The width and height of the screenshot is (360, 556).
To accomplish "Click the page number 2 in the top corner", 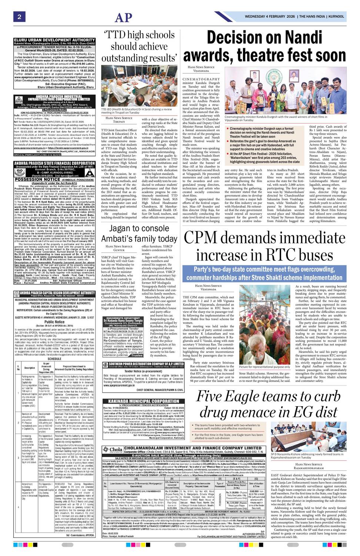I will [x=19, y=17].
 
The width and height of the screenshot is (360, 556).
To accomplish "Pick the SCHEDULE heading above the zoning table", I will [x=54, y=359].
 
